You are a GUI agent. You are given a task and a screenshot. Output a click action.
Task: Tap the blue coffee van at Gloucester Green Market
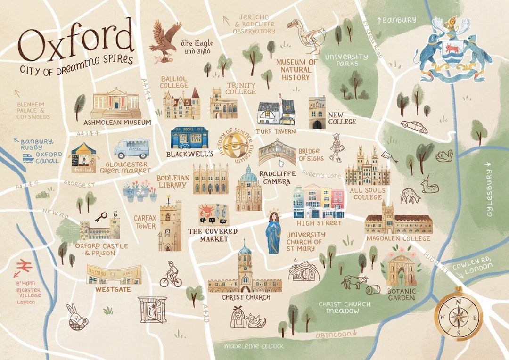click(x=131, y=148)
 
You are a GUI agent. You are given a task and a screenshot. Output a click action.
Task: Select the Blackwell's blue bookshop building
click(x=189, y=138)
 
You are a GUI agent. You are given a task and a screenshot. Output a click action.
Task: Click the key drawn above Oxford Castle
click(x=100, y=217)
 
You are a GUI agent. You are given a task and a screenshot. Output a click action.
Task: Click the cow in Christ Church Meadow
click(x=354, y=282)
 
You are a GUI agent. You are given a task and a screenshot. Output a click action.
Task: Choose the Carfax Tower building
click(x=170, y=226)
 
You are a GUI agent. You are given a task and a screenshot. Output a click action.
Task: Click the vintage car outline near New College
click(x=414, y=126)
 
